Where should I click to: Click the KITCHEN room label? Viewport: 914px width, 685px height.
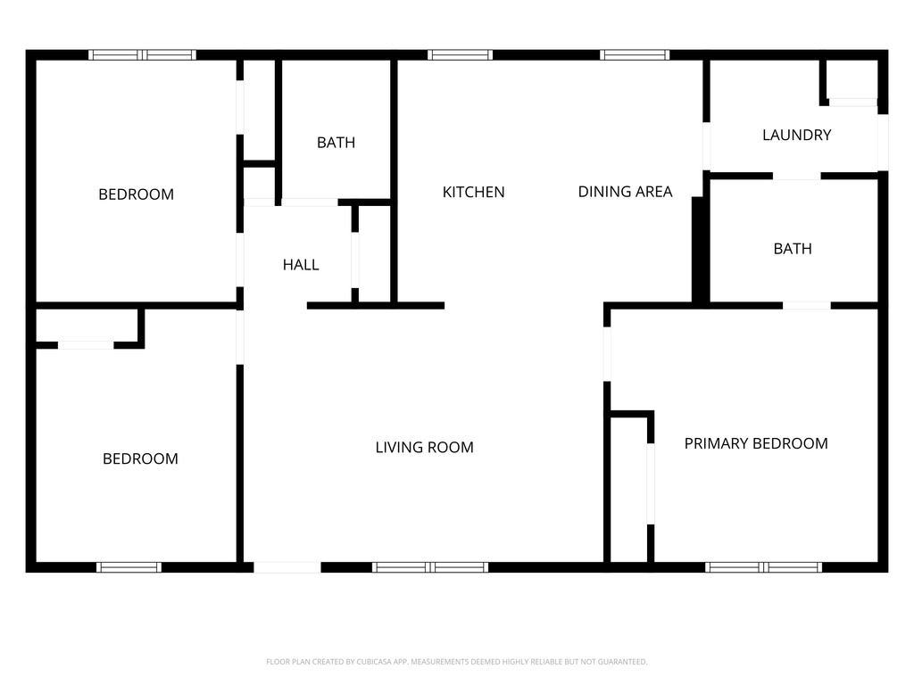(473, 192)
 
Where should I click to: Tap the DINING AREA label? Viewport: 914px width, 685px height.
(625, 192)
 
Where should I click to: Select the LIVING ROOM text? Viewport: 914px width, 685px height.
(424, 447)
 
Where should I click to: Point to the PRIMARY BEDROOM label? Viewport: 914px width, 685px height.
(755, 443)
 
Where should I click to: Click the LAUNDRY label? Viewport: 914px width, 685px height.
(796, 135)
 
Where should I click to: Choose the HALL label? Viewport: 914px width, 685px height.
(301, 265)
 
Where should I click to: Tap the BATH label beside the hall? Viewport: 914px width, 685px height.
(336, 142)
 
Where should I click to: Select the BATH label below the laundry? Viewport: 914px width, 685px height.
(793, 249)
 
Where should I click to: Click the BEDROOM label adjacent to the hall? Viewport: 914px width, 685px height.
(136, 194)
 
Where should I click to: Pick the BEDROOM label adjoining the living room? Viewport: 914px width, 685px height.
(140, 458)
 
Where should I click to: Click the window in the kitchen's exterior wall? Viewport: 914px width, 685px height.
(460, 54)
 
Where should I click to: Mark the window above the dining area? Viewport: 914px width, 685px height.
(635, 54)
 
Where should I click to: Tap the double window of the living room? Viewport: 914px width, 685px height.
(430, 567)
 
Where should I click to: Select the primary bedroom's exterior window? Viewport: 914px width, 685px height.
(763, 567)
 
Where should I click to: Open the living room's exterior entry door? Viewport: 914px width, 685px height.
(287, 567)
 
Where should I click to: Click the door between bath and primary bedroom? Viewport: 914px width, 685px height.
(806, 306)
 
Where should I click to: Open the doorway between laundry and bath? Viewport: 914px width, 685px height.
(796, 176)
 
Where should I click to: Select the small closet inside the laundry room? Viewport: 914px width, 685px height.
(852, 80)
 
